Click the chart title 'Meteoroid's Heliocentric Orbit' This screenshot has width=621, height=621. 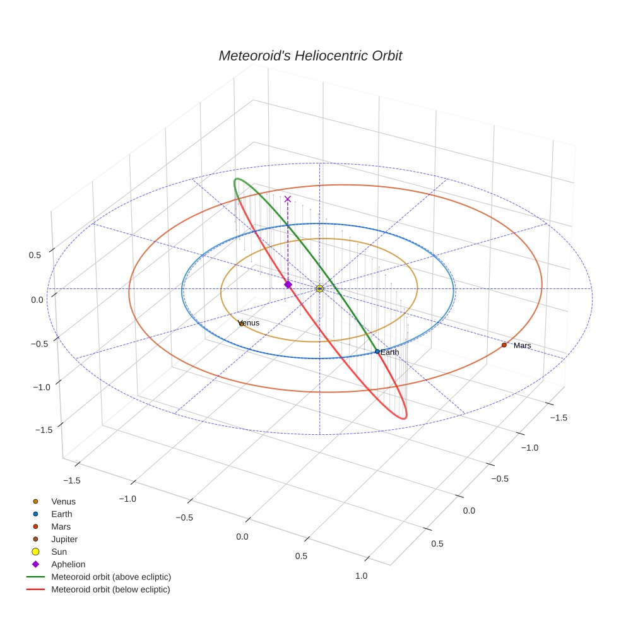pyautogui.click(x=310, y=56)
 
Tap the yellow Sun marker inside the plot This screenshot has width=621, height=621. pyautogui.click(x=319, y=288)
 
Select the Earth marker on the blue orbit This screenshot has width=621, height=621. pyautogui.click(x=377, y=352)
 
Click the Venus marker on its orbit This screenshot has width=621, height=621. pyautogui.click(x=241, y=324)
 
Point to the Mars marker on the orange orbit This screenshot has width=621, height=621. pyautogui.click(x=504, y=345)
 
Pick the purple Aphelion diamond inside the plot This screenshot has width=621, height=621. pyautogui.click(x=288, y=285)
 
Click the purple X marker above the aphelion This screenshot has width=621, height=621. pyautogui.click(x=288, y=199)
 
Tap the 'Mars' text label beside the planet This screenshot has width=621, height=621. pyautogui.click(x=522, y=346)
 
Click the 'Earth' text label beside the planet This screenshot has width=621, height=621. pyautogui.click(x=390, y=352)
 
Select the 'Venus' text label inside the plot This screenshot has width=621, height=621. pyautogui.click(x=251, y=322)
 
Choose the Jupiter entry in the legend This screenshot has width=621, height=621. pyautogui.click(x=64, y=539)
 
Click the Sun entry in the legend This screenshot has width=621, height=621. pyautogui.click(x=59, y=552)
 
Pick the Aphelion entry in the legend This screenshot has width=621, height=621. pyautogui.click(x=68, y=564)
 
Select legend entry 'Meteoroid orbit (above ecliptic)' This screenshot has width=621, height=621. pyautogui.click(x=111, y=577)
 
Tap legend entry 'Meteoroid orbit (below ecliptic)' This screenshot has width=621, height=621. pyautogui.click(x=110, y=589)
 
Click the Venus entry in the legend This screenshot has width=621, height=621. pyautogui.click(x=63, y=502)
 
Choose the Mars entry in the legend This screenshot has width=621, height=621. pyautogui.click(x=61, y=526)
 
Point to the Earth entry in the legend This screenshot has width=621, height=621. pyautogui.click(x=62, y=514)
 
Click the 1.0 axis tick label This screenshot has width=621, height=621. pyautogui.click(x=361, y=575)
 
